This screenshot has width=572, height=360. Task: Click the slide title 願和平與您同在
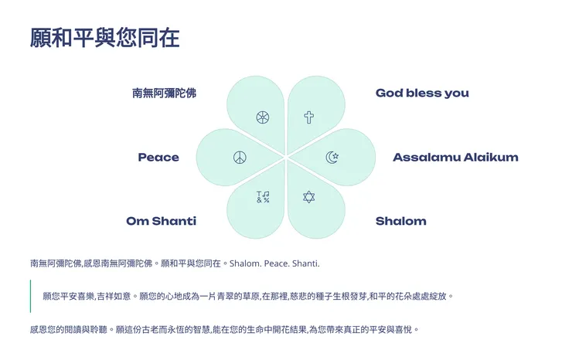[104, 38]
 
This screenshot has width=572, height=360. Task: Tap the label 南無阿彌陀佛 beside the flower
[164, 93]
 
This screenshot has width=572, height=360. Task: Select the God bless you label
[422, 93]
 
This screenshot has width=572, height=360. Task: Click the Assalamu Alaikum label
[455, 158]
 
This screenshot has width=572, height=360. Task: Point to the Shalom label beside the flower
[400, 222]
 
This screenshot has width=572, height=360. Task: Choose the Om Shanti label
[161, 222]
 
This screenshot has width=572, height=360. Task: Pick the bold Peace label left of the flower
[158, 158]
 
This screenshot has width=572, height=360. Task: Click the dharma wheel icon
[263, 117]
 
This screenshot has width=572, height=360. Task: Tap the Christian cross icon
[308, 117]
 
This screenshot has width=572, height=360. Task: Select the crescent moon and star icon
[332, 158]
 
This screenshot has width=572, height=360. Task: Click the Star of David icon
[308, 197]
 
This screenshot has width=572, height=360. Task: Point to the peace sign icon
[240, 158]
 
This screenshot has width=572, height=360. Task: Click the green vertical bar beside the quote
[31, 296]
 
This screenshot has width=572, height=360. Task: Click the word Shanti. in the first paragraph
[305, 264]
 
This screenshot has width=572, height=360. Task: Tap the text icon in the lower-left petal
[263, 197]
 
